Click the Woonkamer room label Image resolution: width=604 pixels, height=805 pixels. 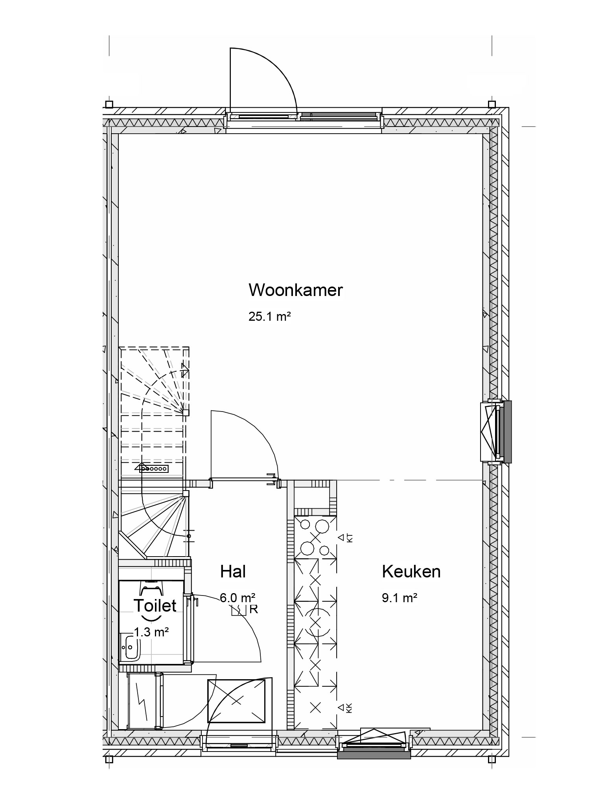click(x=296, y=290)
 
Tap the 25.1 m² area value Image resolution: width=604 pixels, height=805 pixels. click(x=269, y=316)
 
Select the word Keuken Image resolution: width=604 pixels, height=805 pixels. click(x=411, y=572)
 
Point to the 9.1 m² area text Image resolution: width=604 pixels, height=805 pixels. click(x=400, y=598)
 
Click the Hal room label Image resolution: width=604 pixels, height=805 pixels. click(x=233, y=572)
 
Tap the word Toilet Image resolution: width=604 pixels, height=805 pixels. click(x=155, y=606)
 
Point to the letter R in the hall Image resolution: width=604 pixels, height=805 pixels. click(x=254, y=610)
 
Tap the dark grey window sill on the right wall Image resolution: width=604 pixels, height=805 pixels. click(x=507, y=431)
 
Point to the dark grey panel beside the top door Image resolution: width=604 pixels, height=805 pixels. click(x=338, y=116)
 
